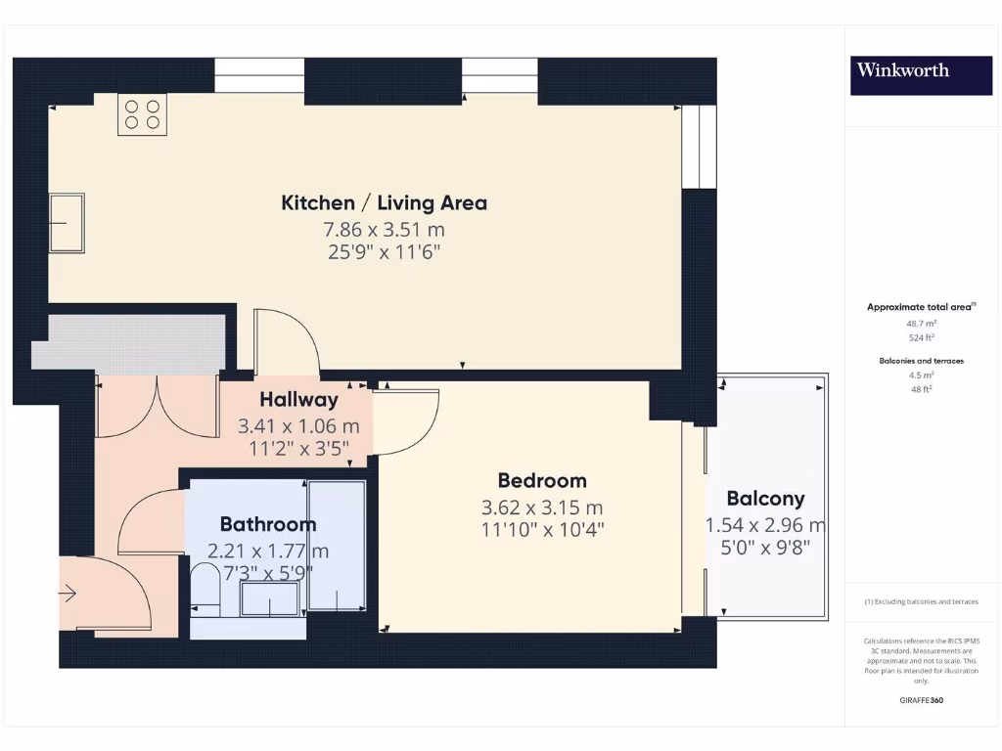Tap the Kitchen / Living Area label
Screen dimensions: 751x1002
coord(384,203)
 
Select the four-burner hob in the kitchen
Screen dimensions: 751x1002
coord(142,113)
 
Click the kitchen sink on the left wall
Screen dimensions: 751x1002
coord(68,223)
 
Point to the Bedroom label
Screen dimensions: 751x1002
coord(542,480)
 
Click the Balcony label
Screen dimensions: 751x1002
coord(765,498)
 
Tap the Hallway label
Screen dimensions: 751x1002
coord(298,399)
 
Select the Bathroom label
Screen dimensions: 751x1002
coord(267,524)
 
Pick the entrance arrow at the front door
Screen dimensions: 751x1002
coord(68,593)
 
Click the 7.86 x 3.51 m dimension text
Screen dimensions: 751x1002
coord(384,230)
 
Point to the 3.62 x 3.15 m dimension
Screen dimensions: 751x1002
coord(542,508)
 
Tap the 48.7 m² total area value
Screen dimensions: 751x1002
coord(921,323)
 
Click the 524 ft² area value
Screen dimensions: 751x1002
coord(921,337)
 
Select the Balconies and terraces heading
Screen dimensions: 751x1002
coord(921,361)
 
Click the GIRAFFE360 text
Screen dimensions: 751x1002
coord(921,700)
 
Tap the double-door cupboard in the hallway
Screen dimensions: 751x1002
coord(157,406)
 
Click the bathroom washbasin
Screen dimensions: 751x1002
coord(271,598)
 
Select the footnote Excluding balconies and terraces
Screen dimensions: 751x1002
coord(921,601)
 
